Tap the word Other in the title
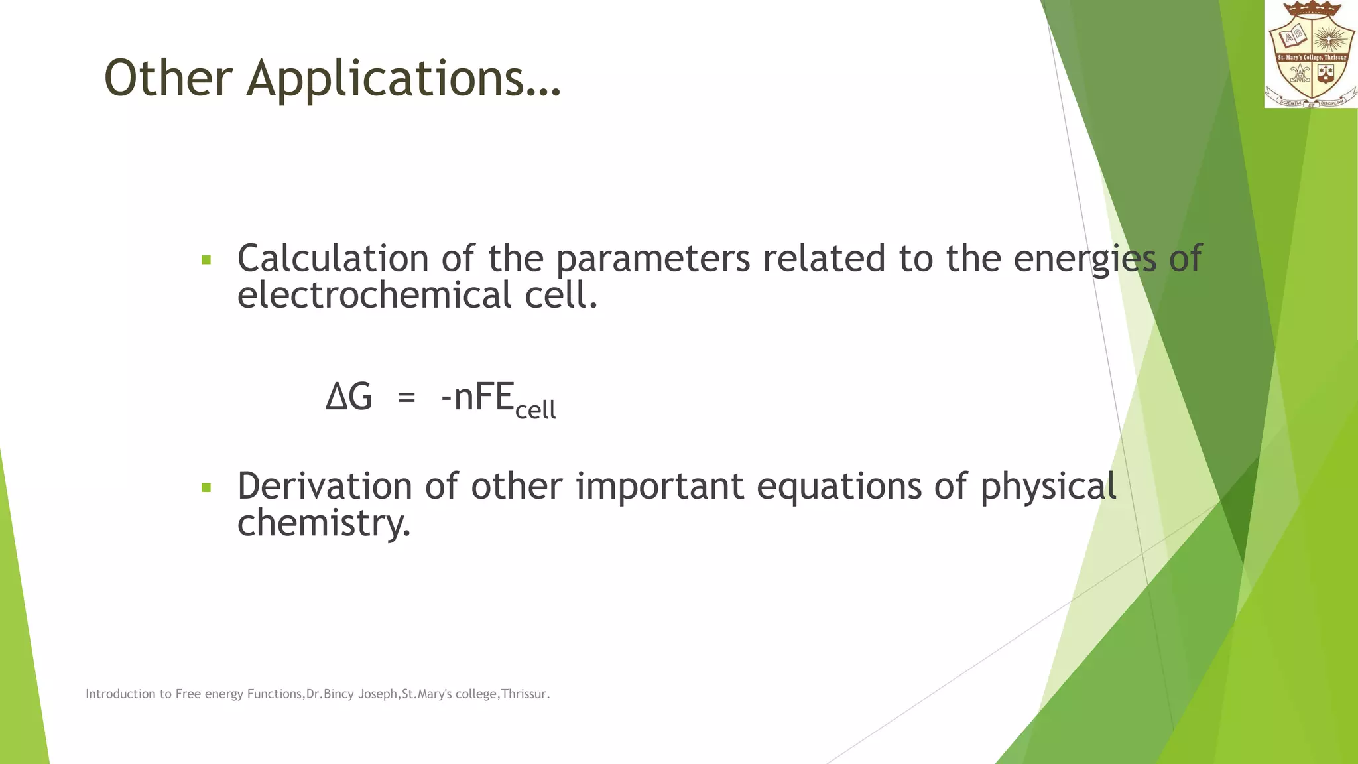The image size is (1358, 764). (168, 78)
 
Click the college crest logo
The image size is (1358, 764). (1311, 54)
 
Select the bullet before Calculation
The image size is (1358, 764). (206, 260)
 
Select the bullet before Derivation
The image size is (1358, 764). (206, 488)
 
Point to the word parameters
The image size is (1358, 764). (652, 259)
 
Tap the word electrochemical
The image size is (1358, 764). (374, 295)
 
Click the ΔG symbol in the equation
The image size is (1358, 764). (349, 397)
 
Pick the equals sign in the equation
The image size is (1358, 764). (406, 398)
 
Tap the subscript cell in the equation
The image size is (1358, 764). (535, 411)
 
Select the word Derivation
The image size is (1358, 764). (324, 486)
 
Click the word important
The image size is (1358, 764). (659, 486)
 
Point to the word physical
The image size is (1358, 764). (1048, 487)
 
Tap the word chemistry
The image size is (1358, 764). (324, 524)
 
